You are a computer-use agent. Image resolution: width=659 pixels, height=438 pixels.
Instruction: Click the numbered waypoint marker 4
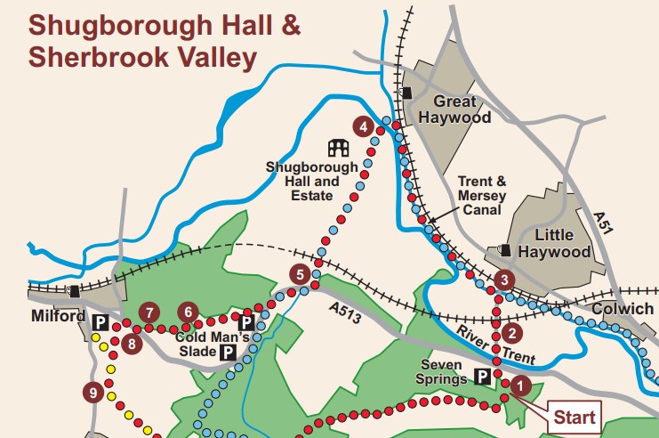(363, 127)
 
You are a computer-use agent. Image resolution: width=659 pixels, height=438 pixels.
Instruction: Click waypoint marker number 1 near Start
(519, 385)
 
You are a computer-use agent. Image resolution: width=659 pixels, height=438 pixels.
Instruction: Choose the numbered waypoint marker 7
(149, 312)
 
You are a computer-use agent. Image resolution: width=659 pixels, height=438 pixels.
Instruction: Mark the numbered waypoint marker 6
(188, 312)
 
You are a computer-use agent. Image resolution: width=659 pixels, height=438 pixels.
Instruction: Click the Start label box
(574, 416)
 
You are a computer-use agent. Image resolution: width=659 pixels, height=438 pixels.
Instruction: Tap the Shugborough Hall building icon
(339, 147)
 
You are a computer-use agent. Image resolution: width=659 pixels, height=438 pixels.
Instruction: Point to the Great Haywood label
(454, 109)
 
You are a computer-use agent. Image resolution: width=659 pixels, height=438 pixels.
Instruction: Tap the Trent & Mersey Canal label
(481, 196)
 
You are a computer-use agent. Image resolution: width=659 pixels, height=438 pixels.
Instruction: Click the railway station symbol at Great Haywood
(406, 93)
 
